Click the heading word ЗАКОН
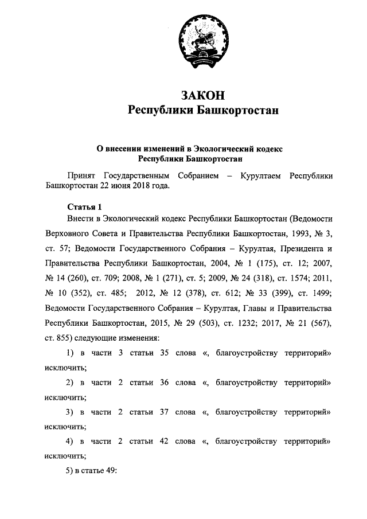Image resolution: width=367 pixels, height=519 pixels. tap(202, 94)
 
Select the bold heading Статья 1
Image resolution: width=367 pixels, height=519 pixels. tap(84, 207)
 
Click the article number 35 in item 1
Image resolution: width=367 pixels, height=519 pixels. tap(165, 353)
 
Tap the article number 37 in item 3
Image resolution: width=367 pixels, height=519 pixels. tap(165, 412)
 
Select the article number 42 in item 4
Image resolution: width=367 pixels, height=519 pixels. tap(165, 442)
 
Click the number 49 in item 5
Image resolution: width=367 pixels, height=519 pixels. tap(111, 471)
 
